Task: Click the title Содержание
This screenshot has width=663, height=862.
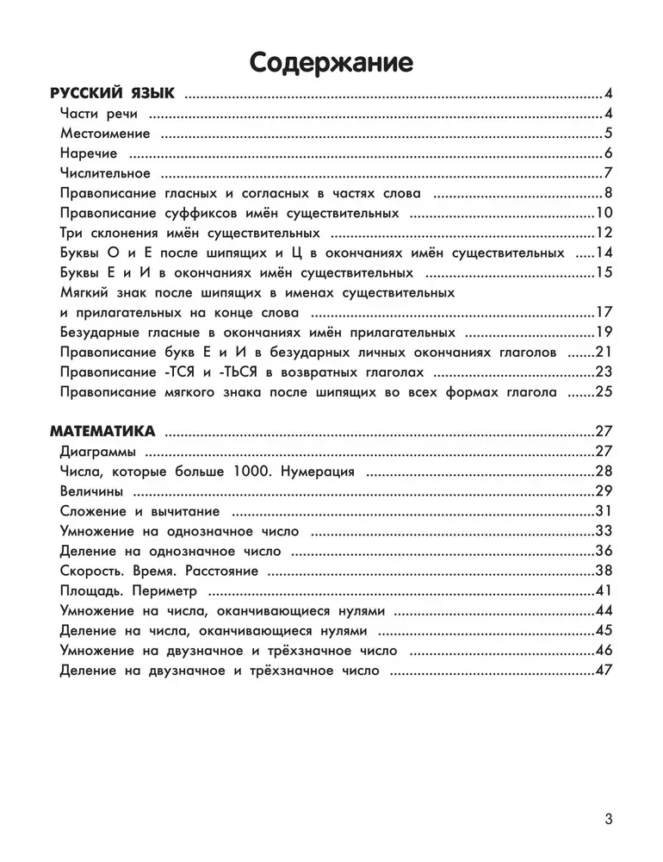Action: [331, 61]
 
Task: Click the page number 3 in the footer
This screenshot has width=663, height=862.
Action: [609, 820]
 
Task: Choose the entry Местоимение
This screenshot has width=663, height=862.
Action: [106, 134]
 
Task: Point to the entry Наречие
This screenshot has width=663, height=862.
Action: [89, 153]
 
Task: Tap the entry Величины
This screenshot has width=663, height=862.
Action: [91, 490]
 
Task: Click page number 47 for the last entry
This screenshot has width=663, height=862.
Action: [603, 670]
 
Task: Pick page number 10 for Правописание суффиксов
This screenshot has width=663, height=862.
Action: [603, 213]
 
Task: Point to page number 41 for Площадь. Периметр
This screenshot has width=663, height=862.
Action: [603, 590]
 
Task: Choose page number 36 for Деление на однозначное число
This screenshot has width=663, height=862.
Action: [603, 551]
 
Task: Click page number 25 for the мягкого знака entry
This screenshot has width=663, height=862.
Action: [603, 392]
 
